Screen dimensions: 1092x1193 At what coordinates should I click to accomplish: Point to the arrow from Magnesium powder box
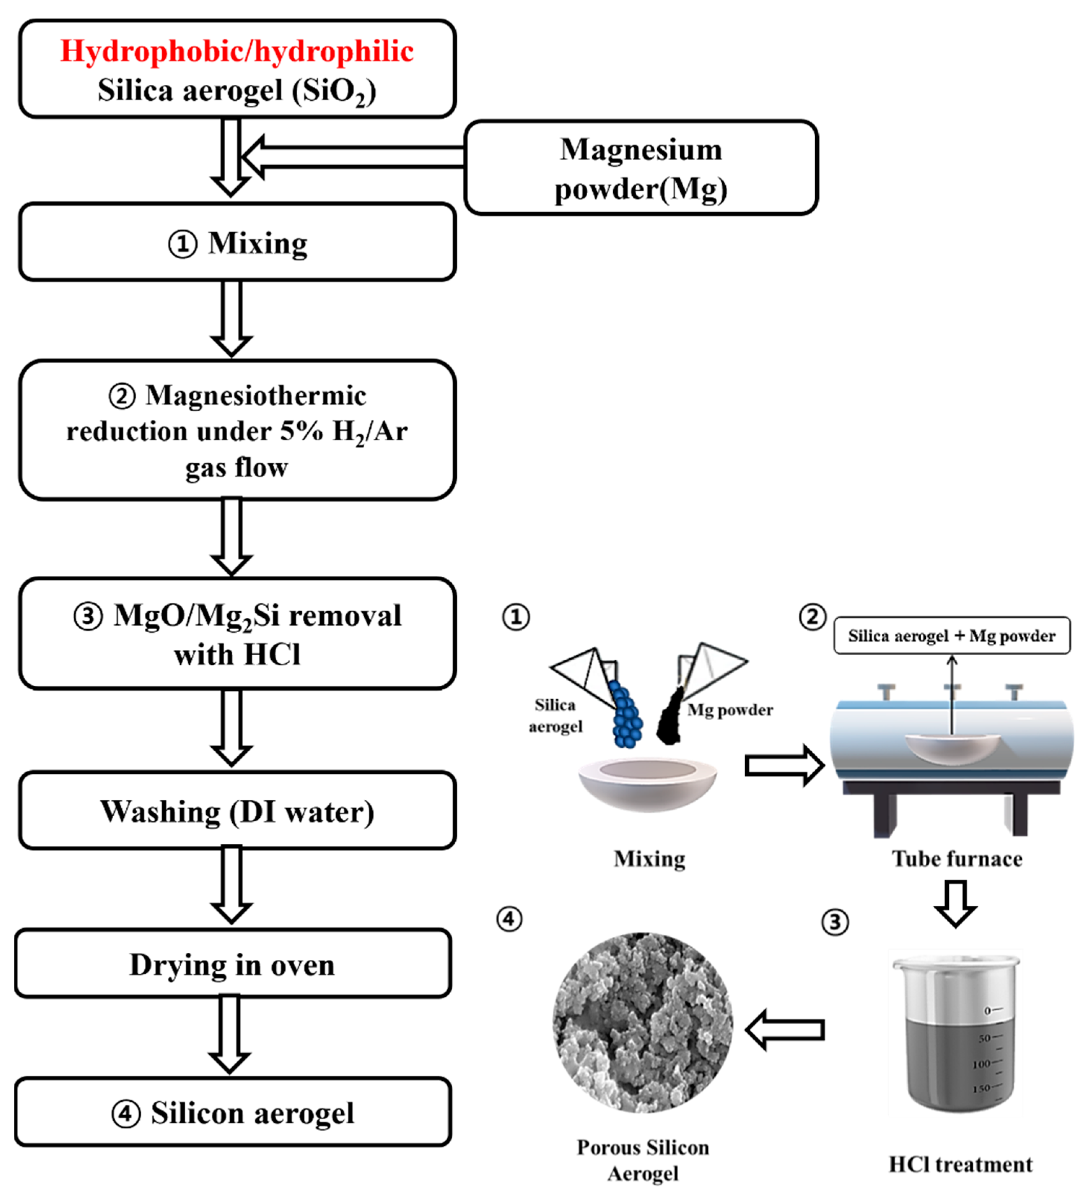[352, 157]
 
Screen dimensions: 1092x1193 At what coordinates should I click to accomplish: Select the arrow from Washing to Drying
[231, 885]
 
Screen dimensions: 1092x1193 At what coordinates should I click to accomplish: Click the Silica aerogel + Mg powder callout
[952, 635]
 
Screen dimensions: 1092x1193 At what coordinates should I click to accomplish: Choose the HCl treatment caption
[961, 1164]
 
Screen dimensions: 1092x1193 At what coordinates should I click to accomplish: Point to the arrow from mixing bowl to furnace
[784, 766]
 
